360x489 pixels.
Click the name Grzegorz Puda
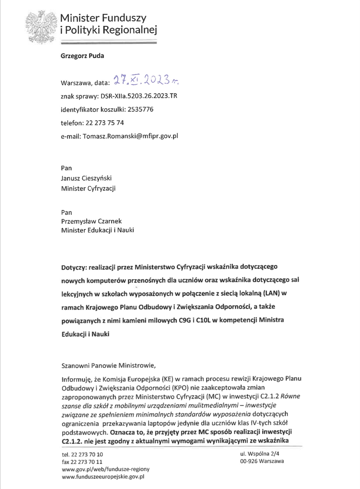click(82, 56)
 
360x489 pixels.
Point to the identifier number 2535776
click(140, 110)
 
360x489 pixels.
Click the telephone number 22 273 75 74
click(105, 123)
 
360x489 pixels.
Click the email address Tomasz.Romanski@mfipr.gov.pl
click(130, 136)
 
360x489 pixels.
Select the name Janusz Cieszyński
click(86, 178)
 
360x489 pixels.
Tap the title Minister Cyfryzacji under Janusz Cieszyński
click(88, 188)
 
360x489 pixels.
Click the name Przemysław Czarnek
click(91, 221)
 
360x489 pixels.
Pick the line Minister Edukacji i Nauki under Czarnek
click(97, 230)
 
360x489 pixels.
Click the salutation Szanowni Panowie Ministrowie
click(108, 366)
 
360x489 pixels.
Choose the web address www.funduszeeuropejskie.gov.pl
click(103, 477)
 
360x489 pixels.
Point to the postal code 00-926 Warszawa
click(262, 461)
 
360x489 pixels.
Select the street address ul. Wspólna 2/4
click(260, 454)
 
